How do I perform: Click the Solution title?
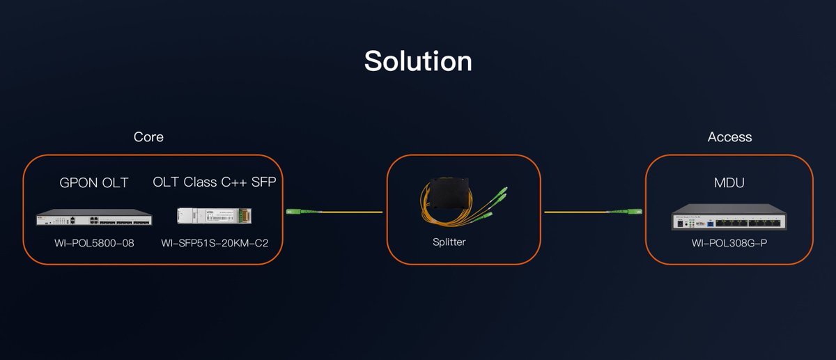click(418, 61)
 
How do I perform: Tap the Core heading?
click(148, 137)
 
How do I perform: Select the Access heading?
click(729, 137)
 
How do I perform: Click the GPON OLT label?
click(93, 183)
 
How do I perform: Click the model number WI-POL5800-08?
click(93, 243)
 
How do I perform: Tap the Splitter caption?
click(449, 242)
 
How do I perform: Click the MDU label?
click(729, 183)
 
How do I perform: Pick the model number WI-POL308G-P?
click(729, 244)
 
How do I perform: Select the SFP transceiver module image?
click(208, 216)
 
